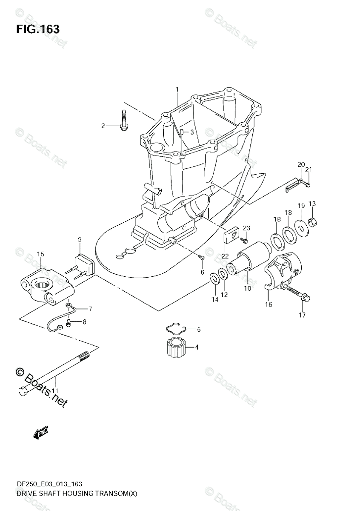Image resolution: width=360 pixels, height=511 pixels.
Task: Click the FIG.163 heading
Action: click(x=38, y=29)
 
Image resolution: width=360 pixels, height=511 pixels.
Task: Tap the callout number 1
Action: click(x=177, y=89)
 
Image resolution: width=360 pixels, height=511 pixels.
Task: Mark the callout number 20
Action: click(x=301, y=164)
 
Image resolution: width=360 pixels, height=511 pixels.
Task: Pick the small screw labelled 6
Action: click(x=202, y=257)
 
